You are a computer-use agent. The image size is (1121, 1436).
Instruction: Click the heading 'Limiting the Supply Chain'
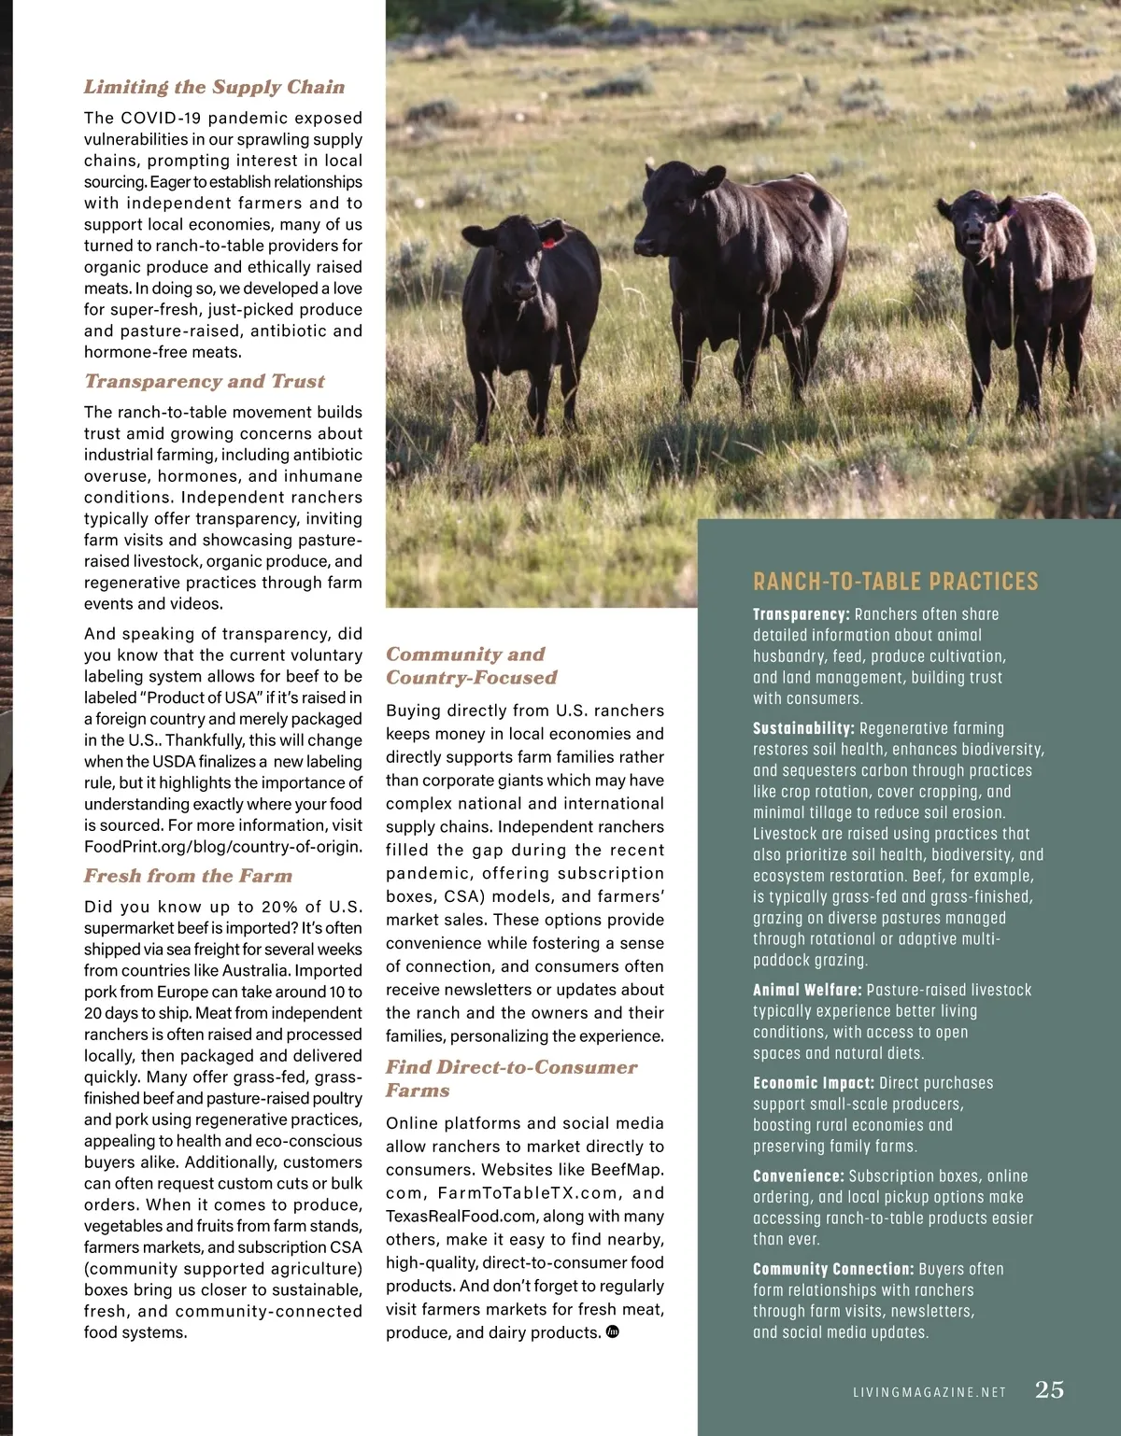coord(214,87)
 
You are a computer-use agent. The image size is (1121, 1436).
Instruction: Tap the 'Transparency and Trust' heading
coord(205,381)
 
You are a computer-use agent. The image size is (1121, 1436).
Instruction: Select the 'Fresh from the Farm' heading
coord(188,876)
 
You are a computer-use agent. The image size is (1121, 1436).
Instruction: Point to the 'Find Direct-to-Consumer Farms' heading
coord(511,1078)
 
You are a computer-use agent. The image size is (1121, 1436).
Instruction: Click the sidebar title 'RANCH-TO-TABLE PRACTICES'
coord(895,582)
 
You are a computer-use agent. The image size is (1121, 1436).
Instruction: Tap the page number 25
coord(1049,1389)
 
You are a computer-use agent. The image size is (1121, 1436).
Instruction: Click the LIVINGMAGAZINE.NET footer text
coord(929,1392)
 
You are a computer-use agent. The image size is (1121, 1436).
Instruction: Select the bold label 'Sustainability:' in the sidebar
coord(803,728)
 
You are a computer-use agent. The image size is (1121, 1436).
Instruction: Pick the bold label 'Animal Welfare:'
coord(807,990)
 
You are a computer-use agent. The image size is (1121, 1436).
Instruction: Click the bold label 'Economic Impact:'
coord(814,1083)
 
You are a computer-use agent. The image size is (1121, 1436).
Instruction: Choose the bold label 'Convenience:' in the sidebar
coord(798,1176)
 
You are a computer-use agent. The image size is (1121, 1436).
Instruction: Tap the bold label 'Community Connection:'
coord(833,1269)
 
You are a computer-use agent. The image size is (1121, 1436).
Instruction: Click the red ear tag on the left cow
coord(548,243)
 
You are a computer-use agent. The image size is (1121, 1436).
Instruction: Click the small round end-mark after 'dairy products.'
coord(613,1331)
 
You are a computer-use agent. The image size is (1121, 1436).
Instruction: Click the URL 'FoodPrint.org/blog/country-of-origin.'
coord(222,847)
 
